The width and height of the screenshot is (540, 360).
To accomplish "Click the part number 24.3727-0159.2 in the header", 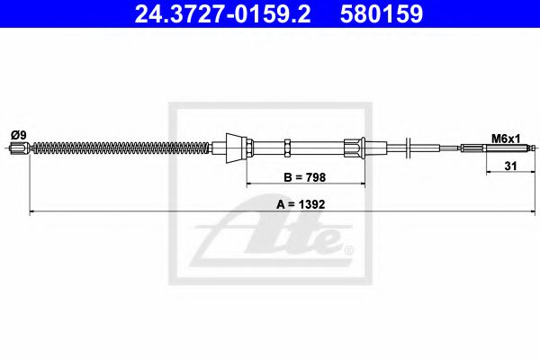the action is click(222, 13).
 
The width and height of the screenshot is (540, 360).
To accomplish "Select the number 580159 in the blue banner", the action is click(382, 13).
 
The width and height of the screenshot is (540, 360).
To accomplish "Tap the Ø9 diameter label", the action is click(19, 135).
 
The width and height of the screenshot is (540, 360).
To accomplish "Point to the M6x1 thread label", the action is click(506, 139).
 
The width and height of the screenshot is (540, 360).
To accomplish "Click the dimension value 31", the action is click(510, 166).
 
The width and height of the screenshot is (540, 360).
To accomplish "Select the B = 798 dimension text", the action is click(304, 177).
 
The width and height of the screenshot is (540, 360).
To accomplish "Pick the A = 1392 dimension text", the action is click(301, 204).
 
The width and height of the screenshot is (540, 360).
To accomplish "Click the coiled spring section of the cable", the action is click(121, 148).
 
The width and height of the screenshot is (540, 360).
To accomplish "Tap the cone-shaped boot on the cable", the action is click(236, 148).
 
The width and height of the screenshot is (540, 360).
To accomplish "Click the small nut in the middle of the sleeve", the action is click(287, 148).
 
